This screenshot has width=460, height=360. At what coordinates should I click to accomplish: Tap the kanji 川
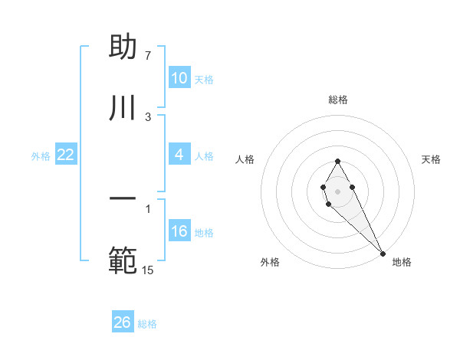click(x=123, y=107)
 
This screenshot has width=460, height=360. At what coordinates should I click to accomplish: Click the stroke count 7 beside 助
click(x=147, y=56)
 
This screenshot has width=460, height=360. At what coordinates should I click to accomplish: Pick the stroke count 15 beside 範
click(x=147, y=270)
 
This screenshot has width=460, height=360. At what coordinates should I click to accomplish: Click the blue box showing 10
click(x=179, y=78)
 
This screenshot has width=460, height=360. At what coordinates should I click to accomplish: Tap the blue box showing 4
click(x=179, y=155)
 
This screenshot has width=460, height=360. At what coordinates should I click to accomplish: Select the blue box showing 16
click(x=179, y=231)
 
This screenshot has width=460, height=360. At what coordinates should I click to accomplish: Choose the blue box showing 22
click(x=66, y=155)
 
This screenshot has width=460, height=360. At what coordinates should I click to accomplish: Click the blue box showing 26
click(x=123, y=322)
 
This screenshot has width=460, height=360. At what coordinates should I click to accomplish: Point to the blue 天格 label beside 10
click(x=204, y=80)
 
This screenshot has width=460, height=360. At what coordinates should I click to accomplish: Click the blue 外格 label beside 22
click(x=41, y=156)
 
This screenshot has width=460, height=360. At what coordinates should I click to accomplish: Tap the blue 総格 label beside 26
click(x=147, y=324)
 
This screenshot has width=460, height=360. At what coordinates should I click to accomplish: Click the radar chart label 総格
click(x=338, y=100)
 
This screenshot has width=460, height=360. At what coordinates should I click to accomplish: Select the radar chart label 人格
click(x=245, y=159)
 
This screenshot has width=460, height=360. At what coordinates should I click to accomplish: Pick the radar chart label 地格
click(x=402, y=262)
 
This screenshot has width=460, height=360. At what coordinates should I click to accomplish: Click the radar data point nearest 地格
click(x=383, y=254)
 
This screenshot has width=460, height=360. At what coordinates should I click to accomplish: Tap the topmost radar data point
click(x=337, y=161)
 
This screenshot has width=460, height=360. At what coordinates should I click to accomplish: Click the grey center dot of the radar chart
click(x=337, y=190)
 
